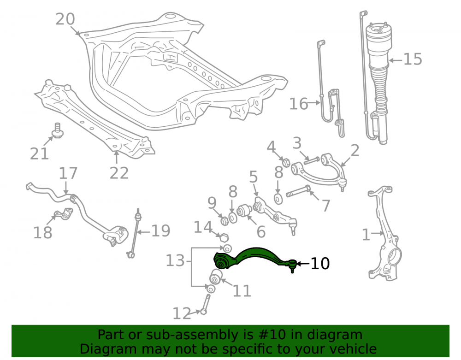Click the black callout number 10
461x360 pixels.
click(320, 264)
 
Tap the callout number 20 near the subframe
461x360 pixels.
click(65, 19)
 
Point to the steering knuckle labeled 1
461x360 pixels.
click(384, 232)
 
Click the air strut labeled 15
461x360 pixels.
click(379, 83)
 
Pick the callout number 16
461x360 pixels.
click(298, 104)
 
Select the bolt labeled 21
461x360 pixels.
click(58, 130)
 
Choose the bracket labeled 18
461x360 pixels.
click(64, 213)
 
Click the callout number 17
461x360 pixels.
click(68, 173)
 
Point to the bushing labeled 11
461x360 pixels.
click(216, 277)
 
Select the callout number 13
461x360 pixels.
click(175, 261)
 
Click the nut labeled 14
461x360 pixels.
click(224, 237)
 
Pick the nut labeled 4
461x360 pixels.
click(286, 162)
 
